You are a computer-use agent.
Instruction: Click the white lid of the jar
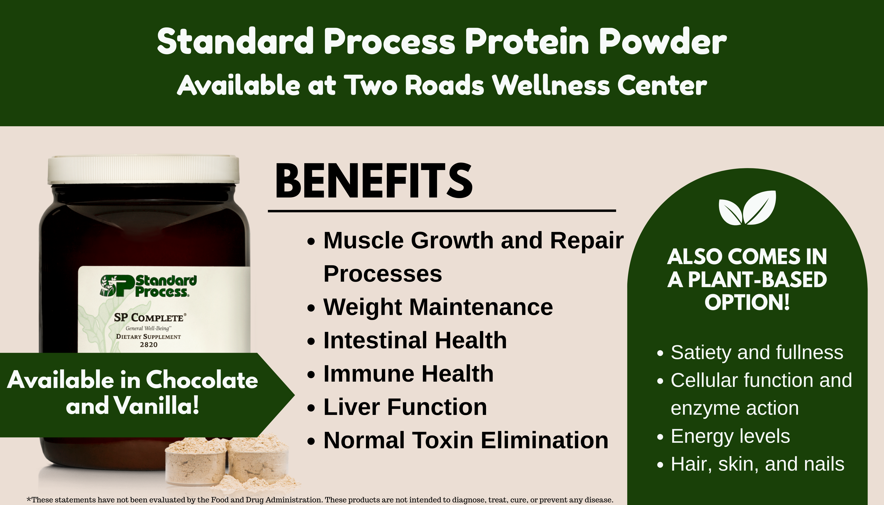click(143, 170)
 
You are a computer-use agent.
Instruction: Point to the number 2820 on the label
click(148, 344)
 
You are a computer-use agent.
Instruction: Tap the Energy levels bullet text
click(730, 436)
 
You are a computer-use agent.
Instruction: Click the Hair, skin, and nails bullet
click(757, 464)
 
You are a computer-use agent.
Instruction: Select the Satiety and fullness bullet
click(757, 352)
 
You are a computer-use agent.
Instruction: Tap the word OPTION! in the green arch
click(747, 302)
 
